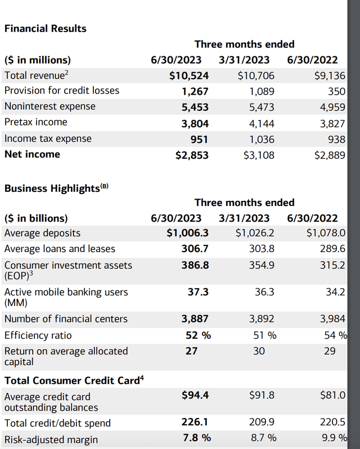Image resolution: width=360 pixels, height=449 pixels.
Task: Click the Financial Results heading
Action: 45,28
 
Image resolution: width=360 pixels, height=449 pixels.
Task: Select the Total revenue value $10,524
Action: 189,75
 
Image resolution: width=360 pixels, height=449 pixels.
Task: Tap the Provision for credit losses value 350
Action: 336,91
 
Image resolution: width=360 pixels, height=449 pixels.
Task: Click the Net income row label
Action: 32,154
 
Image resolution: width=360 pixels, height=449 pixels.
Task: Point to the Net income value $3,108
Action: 259,155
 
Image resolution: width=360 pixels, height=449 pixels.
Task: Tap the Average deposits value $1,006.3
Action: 188,233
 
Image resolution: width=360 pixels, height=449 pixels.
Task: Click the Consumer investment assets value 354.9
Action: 262,265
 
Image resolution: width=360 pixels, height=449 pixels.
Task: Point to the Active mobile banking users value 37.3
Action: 198,292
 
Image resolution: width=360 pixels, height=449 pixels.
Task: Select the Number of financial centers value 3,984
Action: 332,319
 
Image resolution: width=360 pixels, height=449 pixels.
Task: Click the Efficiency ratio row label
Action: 38,335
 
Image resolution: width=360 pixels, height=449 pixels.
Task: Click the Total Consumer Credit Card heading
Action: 74,380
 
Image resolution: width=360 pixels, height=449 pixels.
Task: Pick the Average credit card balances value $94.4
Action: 195,396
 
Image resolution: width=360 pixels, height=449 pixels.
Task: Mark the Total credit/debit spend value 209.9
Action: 262,423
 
